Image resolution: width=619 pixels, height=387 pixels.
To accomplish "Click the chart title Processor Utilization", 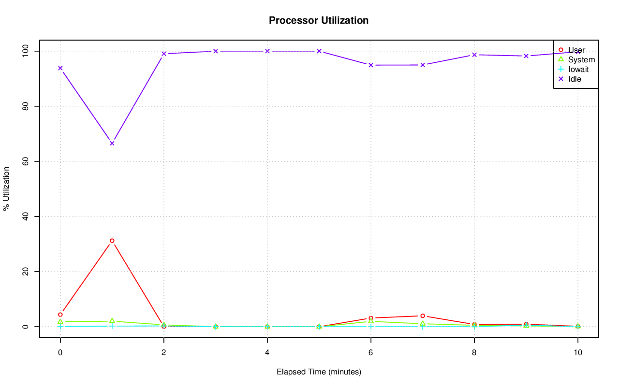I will (319, 20).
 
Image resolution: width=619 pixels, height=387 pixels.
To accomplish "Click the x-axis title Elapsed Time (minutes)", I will (319, 372).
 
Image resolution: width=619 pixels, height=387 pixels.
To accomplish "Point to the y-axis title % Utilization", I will (6, 188).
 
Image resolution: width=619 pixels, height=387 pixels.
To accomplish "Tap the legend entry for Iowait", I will (578, 69).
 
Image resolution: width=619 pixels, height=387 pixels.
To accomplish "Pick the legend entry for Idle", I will (575, 79).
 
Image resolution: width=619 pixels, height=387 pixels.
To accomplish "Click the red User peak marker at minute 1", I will (112, 241).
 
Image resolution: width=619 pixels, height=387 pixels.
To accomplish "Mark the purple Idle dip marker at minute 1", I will (112, 143).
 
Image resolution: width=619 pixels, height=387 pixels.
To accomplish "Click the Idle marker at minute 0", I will (60, 68).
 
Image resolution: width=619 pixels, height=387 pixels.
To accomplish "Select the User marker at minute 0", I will (60, 315).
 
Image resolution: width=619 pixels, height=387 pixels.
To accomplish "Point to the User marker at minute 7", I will (423, 316).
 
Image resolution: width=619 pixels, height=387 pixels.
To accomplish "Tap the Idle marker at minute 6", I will (371, 65).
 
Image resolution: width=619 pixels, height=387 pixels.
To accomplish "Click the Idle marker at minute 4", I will (267, 51).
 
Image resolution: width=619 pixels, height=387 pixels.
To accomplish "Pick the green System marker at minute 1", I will (112, 321).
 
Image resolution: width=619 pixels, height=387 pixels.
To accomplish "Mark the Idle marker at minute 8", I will (474, 55).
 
